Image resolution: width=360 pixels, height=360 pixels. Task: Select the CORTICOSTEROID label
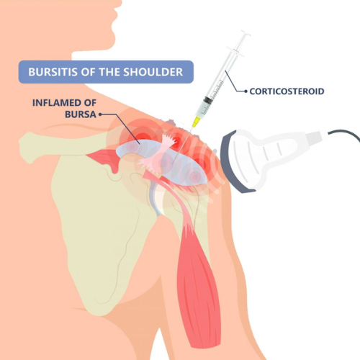(x=287, y=91)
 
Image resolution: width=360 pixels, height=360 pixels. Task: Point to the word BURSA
(x=81, y=114)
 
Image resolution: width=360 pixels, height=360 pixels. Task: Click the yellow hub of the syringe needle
(x=197, y=122)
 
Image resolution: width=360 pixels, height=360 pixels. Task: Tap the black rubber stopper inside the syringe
(x=207, y=100)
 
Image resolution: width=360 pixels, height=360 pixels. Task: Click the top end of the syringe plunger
(x=246, y=33)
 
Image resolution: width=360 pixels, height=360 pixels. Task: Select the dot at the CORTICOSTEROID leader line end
(x=246, y=91)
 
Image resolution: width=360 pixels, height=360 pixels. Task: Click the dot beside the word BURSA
(x=100, y=114)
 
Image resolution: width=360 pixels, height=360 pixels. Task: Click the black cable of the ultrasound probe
(x=345, y=134)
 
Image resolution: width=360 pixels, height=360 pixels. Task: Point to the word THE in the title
(x=109, y=72)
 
